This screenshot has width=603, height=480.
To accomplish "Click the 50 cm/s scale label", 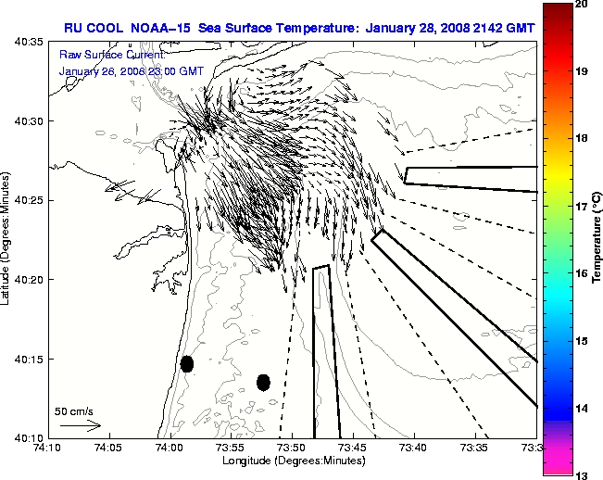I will click(74, 411).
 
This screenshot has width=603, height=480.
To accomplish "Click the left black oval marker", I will click(187, 363).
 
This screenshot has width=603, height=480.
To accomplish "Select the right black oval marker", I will click(263, 382).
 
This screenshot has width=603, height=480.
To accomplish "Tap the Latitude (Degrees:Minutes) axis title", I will click(8, 239).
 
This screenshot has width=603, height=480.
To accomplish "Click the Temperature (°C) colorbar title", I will click(597, 236).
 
